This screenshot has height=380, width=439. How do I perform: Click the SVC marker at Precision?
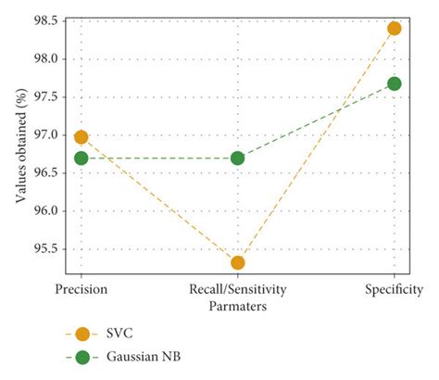(81, 137)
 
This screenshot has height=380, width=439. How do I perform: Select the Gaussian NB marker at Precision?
(81, 158)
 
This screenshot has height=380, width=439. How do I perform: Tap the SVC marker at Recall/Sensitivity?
(238, 263)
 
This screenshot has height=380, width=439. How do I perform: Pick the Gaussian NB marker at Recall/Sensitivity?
(238, 158)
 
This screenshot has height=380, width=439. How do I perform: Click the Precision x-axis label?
(81, 290)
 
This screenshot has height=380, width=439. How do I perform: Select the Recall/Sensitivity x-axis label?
(238, 290)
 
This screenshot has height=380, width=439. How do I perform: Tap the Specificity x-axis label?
(395, 290)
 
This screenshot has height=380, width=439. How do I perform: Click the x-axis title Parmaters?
(238, 305)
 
